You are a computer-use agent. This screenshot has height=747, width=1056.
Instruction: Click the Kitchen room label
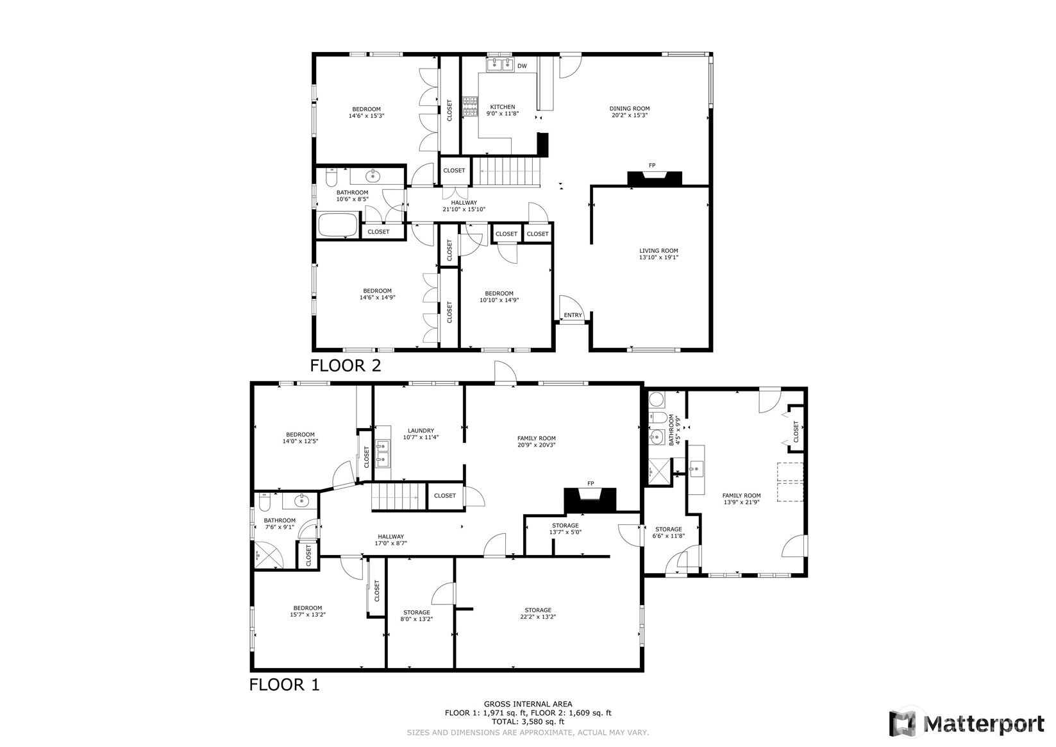(x=502, y=110)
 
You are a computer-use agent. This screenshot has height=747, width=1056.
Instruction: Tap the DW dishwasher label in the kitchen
(x=522, y=66)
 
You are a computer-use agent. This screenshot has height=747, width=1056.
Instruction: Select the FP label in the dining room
(x=652, y=166)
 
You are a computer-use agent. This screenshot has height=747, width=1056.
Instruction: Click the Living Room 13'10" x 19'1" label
(x=658, y=254)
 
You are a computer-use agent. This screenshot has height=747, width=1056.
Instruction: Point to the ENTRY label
(x=573, y=315)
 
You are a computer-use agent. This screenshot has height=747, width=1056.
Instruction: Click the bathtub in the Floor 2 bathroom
(x=338, y=225)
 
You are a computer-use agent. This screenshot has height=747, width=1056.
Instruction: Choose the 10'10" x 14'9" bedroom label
(x=499, y=296)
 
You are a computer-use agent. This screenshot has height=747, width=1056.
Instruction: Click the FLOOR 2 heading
(x=345, y=366)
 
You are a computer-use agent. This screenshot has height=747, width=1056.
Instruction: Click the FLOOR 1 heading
(x=284, y=685)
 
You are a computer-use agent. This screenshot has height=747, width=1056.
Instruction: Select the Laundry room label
(x=421, y=434)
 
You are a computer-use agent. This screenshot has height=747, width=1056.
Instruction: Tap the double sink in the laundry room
(x=383, y=452)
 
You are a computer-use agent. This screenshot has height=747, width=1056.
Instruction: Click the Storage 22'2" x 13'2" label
(x=537, y=614)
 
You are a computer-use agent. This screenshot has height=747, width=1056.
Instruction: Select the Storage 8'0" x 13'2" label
(x=416, y=615)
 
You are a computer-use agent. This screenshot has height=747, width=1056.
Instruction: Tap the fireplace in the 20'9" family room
(x=590, y=499)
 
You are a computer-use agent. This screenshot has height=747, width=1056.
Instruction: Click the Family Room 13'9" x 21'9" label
(x=741, y=499)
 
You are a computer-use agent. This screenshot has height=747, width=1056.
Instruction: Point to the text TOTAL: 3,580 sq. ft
(x=528, y=722)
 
